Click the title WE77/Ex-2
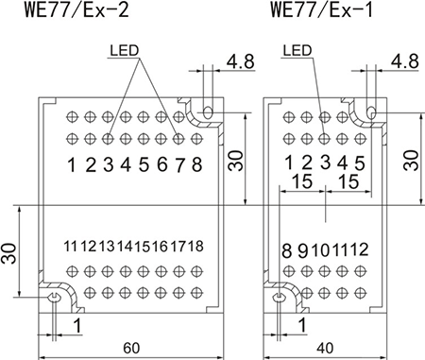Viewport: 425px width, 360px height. (x=76, y=9)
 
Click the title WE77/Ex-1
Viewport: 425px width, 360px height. (x=321, y=9)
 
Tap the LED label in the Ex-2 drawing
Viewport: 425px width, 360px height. (x=125, y=50)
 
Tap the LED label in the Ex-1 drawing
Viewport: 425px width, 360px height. (x=297, y=50)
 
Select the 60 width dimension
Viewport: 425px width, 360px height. (x=131, y=348)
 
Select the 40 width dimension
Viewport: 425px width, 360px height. (x=325, y=348)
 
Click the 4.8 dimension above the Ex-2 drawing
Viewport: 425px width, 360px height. (x=241, y=61)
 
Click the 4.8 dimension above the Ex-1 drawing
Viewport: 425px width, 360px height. (x=405, y=61)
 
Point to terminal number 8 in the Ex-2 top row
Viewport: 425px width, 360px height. (x=196, y=164)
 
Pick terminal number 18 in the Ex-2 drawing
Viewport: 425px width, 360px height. (x=195, y=246)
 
